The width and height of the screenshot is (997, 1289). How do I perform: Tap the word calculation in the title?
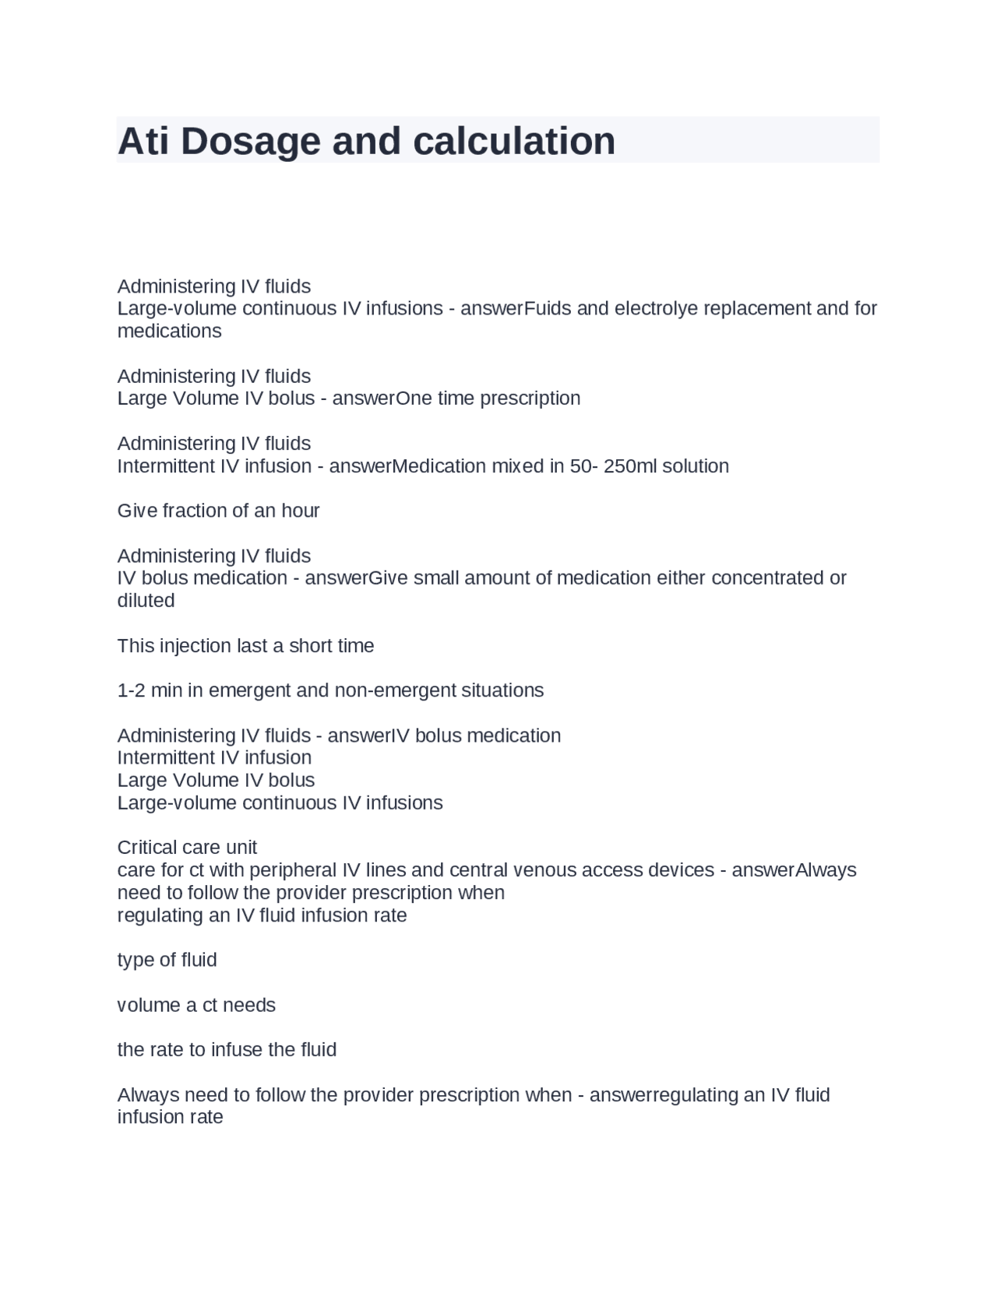click(x=514, y=142)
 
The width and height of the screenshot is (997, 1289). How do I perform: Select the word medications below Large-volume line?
click(x=169, y=331)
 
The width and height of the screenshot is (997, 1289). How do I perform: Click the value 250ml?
click(x=630, y=466)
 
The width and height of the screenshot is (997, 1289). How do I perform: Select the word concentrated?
click(x=762, y=578)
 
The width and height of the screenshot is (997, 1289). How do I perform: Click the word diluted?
click(x=146, y=600)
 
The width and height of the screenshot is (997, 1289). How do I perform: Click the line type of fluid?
click(x=167, y=960)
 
